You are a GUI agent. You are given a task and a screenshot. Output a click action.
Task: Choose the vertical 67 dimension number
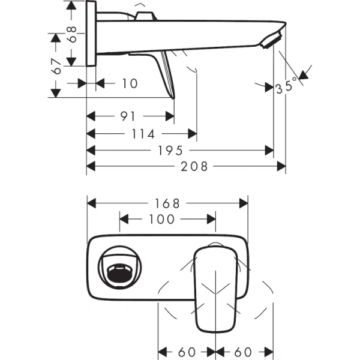(x=57, y=67)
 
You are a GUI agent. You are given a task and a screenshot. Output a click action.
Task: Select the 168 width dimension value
(x=168, y=203)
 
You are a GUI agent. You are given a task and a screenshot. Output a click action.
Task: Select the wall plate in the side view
(x=91, y=34)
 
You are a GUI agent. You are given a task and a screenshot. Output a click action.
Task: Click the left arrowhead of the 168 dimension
(x=91, y=203)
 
